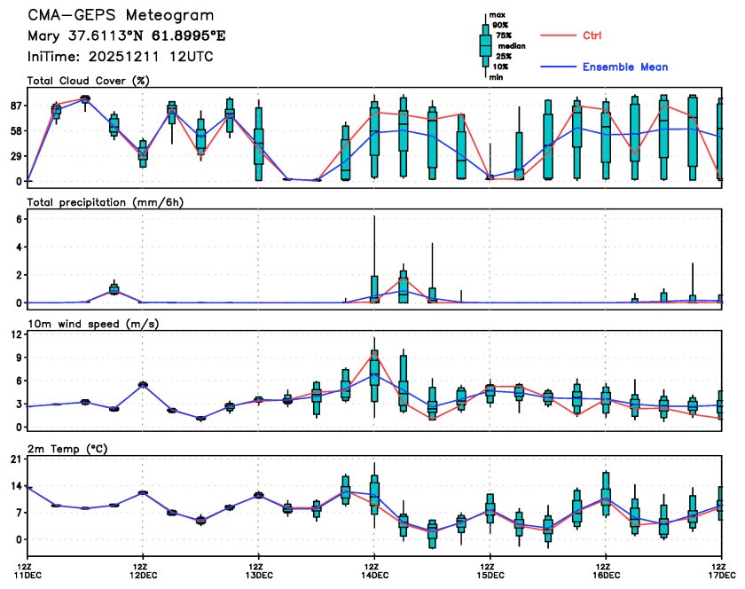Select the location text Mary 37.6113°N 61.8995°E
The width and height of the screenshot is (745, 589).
[x=127, y=36]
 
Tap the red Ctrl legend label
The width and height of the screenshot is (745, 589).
[x=592, y=35]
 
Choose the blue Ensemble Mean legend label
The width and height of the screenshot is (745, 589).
[x=625, y=67]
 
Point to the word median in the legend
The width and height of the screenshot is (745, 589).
[x=510, y=45]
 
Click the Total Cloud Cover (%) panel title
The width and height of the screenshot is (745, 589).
[x=87, y=81]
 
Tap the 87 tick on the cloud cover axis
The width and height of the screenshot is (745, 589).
[x=16, y=106]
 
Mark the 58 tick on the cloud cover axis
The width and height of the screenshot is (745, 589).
[x=16, y=131]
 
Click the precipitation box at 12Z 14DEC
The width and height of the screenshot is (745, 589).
[x=374, y=289]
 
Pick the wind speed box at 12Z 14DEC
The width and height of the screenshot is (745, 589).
[x=374, y=367]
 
